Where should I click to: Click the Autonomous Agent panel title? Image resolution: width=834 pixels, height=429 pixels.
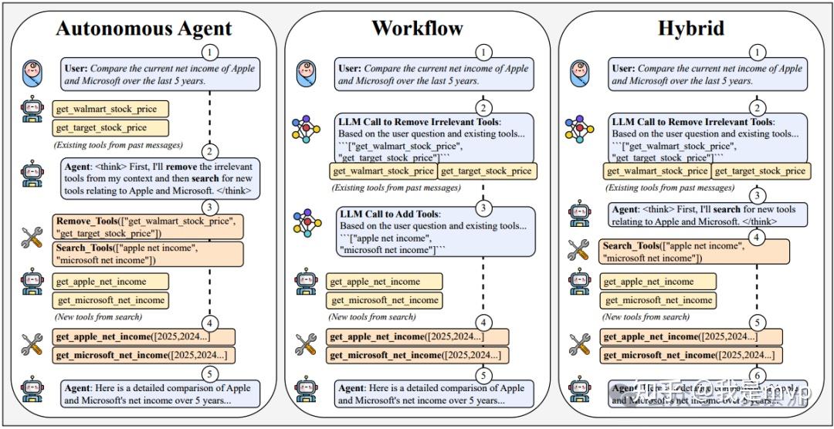pyautogui.click(x=144, y=29)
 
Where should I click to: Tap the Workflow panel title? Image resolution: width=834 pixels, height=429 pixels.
pyautogui.click(x=417, y=29)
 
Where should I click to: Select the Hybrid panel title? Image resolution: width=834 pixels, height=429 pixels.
pyautogui.click(x=691, y=29)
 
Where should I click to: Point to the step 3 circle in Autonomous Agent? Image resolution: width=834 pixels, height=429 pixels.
pyautogui.click(x=209, y=207)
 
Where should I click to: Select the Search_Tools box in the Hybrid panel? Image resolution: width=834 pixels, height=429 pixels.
pyautogui.click(x=694, y=252)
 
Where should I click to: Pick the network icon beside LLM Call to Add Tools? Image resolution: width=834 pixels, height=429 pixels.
pyautogui.click(x=306, y=221)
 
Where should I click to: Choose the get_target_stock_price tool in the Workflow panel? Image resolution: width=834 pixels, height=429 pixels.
pyautogui.click(x=486, y=171)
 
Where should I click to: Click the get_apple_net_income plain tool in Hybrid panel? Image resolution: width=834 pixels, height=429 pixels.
pyautogui.click(x=658, y=282)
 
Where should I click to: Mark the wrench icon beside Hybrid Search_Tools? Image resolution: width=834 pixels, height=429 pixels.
pyautogui.click(x=578, y=249)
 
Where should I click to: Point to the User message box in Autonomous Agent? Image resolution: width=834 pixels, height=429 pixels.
pyautogui.click(x=161, y=74)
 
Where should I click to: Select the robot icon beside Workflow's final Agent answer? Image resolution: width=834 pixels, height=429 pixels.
pyautogui.click(x=306, y=390)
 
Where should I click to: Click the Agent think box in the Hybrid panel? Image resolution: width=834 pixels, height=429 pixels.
pyautogui.click(x=707, y=214)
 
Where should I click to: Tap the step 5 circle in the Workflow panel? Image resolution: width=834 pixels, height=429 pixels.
pyautogui.click(x=483, y=376)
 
